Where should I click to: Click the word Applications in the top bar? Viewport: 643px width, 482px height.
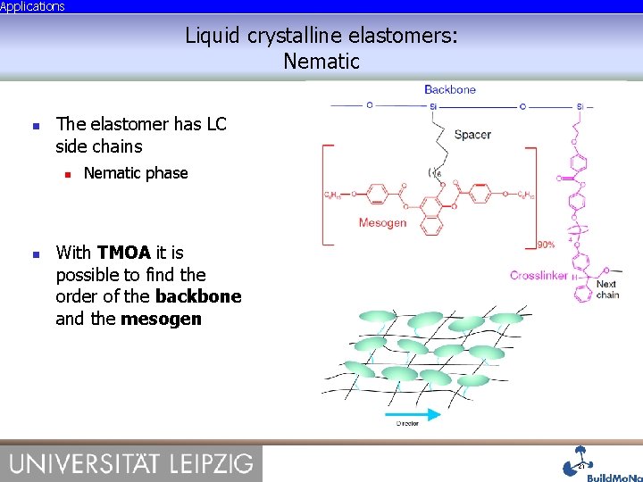click(x=32, y=6)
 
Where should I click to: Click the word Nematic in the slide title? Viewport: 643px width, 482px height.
click(x=321, y=62)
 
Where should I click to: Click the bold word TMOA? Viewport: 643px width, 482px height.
click(x=124, y=253)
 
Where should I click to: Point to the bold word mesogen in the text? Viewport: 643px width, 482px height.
click(x=161, y=319)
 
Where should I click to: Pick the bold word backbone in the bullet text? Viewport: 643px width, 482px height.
click(x=198, y=296)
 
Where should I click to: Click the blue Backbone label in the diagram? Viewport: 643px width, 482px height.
click(x=450, y=89)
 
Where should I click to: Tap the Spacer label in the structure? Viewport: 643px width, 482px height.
click(x=472, y=135)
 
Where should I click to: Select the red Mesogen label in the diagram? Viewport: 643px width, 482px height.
click(x=382, y=223)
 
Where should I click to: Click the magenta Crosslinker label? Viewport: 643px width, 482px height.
click(x=539, y=275)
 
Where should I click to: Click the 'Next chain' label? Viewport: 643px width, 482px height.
click(x=607, y=289)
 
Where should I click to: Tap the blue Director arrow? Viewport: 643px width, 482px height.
click(x=413, y=414)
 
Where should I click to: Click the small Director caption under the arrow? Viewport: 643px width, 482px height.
click(x=407, y=424)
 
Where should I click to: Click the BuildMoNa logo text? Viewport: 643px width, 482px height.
click(x=614, y=477)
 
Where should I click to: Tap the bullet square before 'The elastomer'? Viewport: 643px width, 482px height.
click(x=36, y=125)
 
